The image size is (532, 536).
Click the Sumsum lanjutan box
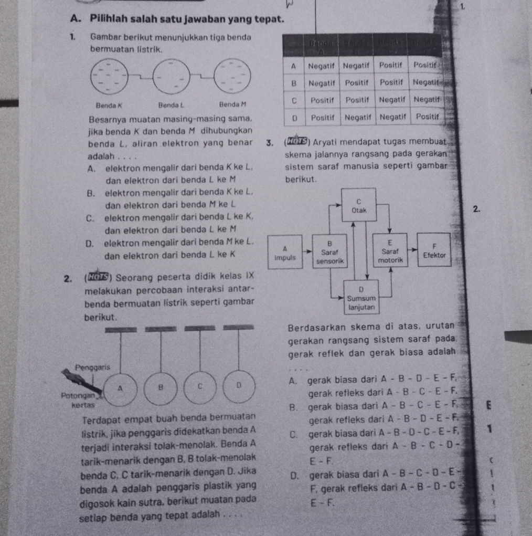(x=359, y=298)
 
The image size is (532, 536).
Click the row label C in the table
(x=294, y=99)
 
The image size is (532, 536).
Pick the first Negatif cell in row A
(x=322, y=66)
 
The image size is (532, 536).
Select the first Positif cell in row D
(x=323, y=116)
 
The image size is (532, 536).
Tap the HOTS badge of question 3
(x=289, y=141)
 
